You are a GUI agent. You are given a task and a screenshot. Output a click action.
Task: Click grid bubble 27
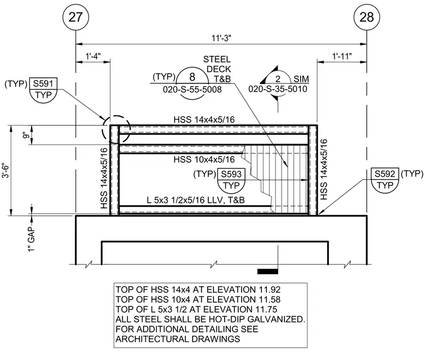[75, 17]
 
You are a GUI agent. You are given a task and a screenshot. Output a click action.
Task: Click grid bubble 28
[367, 17]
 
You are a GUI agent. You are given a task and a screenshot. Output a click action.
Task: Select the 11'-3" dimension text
[221, 38]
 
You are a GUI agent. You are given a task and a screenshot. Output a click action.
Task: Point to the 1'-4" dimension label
[93, 56]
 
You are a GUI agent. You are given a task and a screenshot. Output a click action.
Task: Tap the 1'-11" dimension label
[342, 56]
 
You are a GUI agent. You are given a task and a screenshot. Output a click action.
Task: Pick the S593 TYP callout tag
[231, 180]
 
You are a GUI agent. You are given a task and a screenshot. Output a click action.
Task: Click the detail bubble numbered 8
[192, 77]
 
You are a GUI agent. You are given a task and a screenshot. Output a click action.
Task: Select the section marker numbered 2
[278, 79]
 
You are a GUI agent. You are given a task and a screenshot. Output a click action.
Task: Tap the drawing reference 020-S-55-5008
[192, 90]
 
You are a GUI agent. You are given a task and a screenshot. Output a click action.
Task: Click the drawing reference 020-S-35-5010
[278, 89]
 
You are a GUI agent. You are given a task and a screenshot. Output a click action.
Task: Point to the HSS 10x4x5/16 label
[204, 159]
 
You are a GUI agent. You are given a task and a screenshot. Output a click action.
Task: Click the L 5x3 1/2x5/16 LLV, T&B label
[196, 200]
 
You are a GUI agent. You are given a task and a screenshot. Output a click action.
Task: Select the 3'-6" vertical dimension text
[6, 171]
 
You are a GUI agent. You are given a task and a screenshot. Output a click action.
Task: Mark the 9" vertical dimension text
[26, 135]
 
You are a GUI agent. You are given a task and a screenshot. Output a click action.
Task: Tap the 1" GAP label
[32, 239]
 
